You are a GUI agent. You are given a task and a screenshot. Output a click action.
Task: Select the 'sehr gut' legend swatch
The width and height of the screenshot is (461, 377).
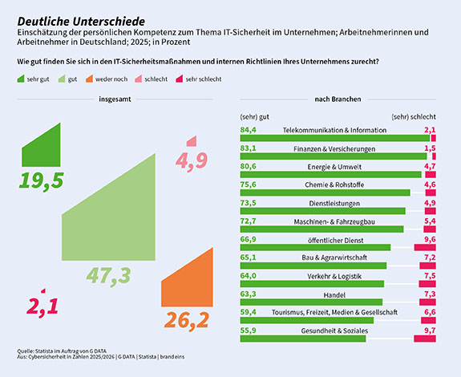point(21,80)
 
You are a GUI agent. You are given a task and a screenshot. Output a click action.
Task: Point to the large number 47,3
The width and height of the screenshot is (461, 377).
point(109,275)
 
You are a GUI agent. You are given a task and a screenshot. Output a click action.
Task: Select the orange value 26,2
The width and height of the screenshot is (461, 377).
point(187,320)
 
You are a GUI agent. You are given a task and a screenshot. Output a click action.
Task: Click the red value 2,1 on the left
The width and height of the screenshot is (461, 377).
point(42,305)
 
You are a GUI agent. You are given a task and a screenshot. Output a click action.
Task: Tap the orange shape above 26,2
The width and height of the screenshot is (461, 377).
point(188,285)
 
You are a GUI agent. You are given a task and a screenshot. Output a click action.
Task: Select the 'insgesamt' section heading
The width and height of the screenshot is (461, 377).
point(115,100)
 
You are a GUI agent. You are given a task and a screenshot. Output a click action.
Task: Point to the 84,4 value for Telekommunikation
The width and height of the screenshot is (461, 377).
point(248,129)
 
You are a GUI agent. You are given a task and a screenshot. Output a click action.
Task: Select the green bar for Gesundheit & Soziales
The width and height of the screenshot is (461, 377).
point(302,339)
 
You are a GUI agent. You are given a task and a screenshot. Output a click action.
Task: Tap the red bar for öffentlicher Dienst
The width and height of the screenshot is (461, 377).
point(424,247)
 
